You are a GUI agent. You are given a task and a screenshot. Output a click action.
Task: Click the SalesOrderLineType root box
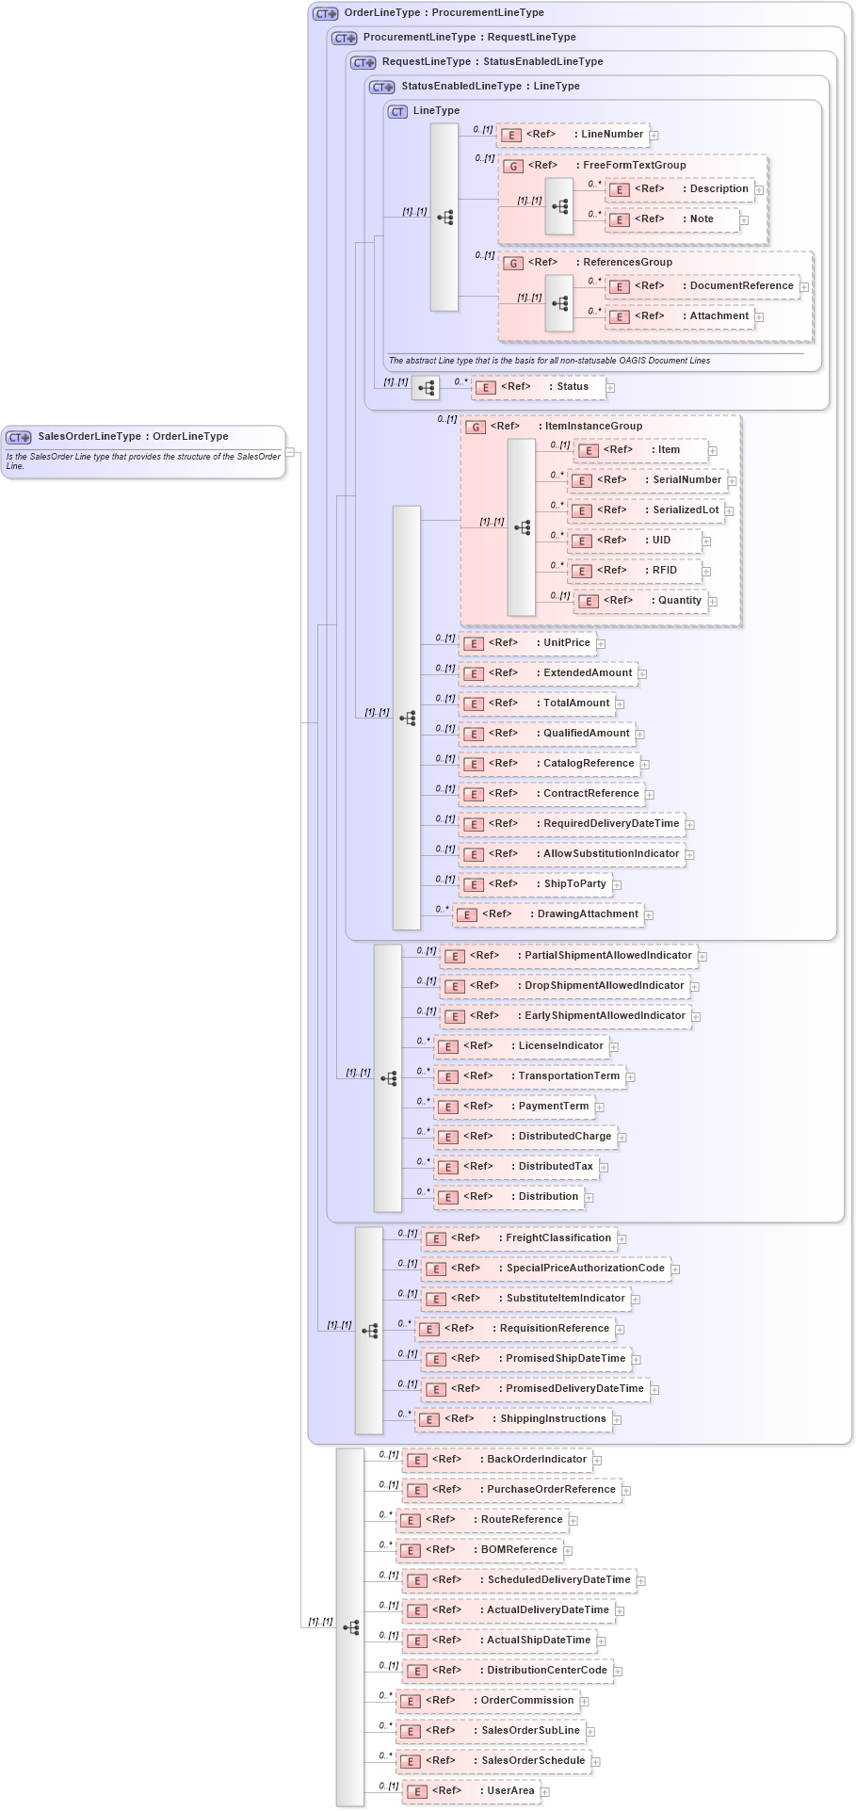[x=143, y=451]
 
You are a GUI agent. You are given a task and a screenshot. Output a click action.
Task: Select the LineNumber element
[x=573, y=135]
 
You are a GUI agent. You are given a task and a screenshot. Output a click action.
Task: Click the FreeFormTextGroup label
[x=634, y=165]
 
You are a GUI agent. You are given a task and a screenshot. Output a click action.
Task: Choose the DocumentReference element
[x=703, y=286]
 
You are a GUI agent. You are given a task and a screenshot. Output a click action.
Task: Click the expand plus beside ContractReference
[x=650, y=795]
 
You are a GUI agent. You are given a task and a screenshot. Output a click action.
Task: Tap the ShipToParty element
[x=535, y=884]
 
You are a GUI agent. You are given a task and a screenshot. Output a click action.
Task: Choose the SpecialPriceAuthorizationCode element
[x=545, y=1269]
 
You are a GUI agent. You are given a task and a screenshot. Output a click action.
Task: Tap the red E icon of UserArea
[x=417, y=1792]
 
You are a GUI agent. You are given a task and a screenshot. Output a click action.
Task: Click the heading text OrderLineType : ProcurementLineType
[x=444, y=13]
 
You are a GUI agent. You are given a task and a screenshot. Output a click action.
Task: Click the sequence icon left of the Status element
[x=426, y=387]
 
